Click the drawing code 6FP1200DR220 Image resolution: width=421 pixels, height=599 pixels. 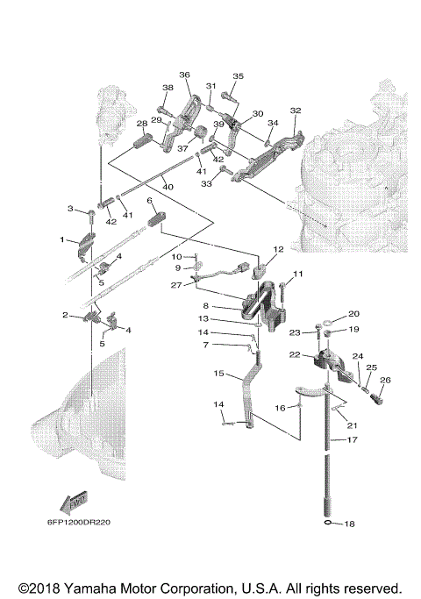click(x=79, y=522)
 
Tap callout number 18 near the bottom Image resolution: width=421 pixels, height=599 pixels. click(x=350, y=524)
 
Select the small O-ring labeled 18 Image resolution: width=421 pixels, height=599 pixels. click(x=328, y=522)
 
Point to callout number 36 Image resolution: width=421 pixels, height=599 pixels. click(x=184, y=75)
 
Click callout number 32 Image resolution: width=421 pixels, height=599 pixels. click(x=296, y=111)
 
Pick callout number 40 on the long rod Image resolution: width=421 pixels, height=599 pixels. click(x=168, y=187)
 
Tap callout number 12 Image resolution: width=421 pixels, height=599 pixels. click(x=279, y=249)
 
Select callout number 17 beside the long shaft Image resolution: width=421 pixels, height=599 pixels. click(x=353, y=439)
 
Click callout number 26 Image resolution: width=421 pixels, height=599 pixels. click(x=385, y=380)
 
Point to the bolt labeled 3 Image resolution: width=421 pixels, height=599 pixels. click(x=92, y=217)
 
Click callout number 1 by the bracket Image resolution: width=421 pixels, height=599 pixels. click(x=62, y=240)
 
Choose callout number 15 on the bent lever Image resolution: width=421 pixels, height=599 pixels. click(x=218, y=373)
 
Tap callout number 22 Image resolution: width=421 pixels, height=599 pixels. click(x=295, y=354)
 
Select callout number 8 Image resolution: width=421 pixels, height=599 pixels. click(x=205, y=305)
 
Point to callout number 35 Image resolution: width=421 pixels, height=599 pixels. click(x=238, y=76)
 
